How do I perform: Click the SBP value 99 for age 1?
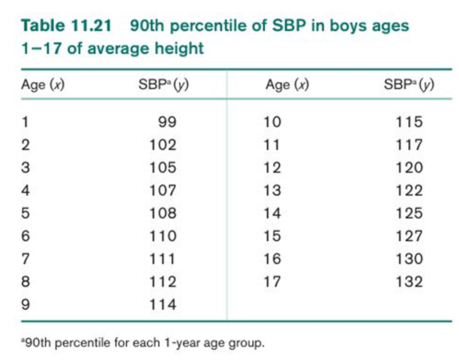pos(167,122)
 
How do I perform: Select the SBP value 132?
pos(409,282)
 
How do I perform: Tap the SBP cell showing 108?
pos(163,213)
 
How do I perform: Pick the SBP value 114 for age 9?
pos(163,305)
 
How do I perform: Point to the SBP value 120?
pos(409,168)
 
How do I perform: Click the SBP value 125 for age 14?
pos(409,213)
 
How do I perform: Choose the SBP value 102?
pos(163,145)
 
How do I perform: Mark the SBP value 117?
pos(409,145)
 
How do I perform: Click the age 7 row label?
pos(25,259)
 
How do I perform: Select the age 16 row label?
pos(272,259)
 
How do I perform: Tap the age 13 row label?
pos(272,190)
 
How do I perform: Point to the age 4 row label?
pos(25,190)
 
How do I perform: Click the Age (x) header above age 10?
pos(287,85)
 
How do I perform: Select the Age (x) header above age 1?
pos(43,85)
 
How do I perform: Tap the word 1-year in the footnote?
pos(180,343)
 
